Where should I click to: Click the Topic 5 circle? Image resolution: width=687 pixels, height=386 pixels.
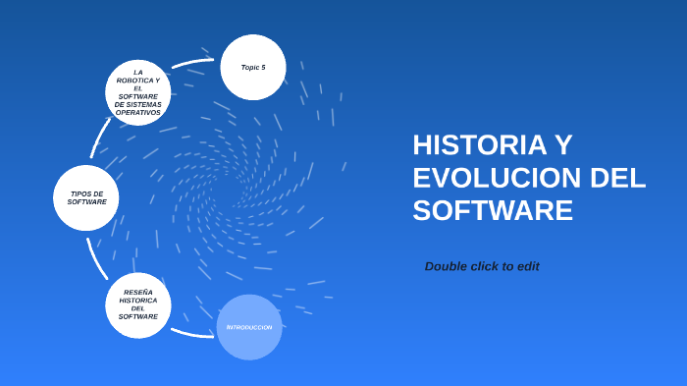[253, 68]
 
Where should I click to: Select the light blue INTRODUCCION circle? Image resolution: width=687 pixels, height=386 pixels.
[249, 327]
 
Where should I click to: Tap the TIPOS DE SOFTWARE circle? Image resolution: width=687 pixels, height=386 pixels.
[86, 197]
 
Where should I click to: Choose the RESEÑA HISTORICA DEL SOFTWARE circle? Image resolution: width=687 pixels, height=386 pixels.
[138, 305]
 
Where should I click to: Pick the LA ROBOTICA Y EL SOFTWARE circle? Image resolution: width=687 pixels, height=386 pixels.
[138, 92]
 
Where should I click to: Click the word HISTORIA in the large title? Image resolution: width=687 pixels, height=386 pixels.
[479, 145]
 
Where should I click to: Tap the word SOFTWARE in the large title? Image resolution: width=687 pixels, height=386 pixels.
[492, 210]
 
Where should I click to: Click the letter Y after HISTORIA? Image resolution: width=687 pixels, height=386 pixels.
[562, 145]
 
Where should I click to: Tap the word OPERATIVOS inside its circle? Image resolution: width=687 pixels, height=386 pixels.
[138, 112]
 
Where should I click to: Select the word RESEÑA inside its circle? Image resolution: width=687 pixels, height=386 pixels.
[138, 292]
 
